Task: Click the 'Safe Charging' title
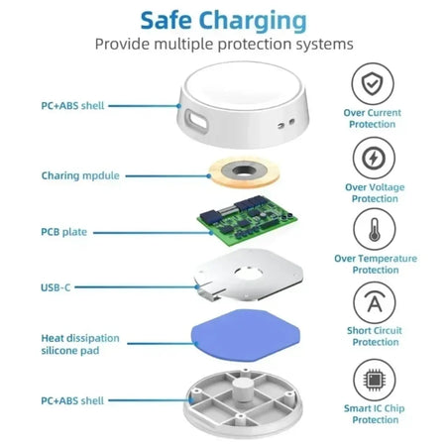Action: coord(223,19)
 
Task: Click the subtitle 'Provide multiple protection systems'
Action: coord(223,45)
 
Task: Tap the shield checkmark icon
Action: coord(372,83)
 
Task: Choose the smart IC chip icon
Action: coord(372,378)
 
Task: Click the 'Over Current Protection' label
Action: coord(372,119)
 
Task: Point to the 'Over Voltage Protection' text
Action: coord(372,192)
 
